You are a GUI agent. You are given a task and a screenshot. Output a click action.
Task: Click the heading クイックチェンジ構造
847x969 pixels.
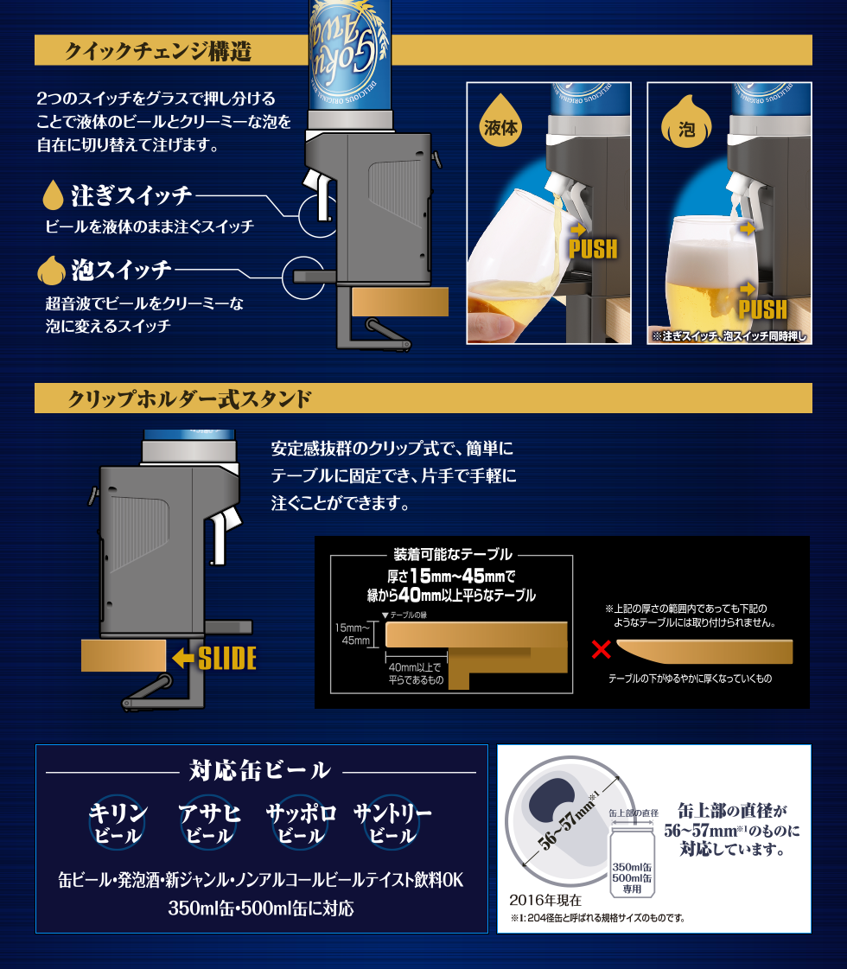pyautogui.click(x=158, y=51)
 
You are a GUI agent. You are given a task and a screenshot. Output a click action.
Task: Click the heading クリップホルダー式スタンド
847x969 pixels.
pyautogui.click(x=189, y=398)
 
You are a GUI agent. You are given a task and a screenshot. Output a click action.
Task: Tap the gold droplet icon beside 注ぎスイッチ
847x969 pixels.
pyautogui.click(x=53, y=194)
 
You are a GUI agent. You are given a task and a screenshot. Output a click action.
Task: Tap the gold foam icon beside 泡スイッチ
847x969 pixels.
pyautogui.click(x=51, y=271)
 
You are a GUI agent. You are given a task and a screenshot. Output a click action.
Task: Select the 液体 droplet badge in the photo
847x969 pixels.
pyautogui.click(x=500, y=120)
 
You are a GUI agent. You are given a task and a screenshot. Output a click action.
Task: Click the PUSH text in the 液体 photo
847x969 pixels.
pyautogui.click(x=593, y=248)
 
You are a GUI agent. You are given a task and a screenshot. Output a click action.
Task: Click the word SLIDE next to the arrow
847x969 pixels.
pyautogui.click(x=226, y=659)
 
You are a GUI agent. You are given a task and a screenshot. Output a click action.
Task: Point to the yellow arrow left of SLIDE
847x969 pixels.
pyautogui.click(x=183, y=658)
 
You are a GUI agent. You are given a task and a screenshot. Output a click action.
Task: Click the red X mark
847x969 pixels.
pyautogui.click(x=602, y=649)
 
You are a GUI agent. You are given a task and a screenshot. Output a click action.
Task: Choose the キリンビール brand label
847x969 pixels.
pyautogui.click(x=118, y=823)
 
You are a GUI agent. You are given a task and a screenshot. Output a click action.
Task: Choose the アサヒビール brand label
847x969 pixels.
pyautogui.click(x=209, y=823)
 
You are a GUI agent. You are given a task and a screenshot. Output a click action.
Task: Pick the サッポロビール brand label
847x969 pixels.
pyautogui.click(x=301, y=823)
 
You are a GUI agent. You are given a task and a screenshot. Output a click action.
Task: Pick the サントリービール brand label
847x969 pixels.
pyautogui.click(x=392, y=823)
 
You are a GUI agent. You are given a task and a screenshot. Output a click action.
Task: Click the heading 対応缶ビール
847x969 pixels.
pyautogui.click(x=260, y=771)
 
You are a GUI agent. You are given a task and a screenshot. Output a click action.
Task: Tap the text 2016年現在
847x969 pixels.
pyautogui.click(x=545, y=900)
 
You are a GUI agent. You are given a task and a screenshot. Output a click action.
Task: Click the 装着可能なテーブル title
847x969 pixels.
pyautogui.click(x=453, y=554)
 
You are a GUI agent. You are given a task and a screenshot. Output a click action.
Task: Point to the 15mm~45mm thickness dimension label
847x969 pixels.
pyautogui.click(x=353, y=634)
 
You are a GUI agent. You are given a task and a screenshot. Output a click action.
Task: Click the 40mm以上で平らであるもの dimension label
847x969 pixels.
pyautogui.click(x=416, y=673)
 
